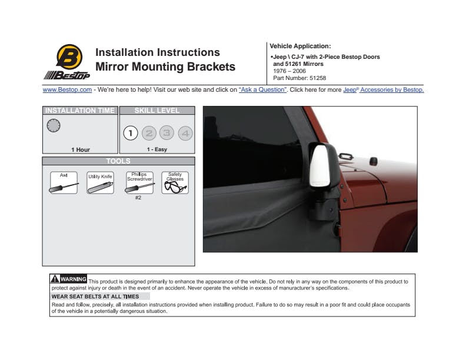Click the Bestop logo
[66, 62]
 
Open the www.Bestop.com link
[67, 90]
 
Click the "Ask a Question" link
[262, 90]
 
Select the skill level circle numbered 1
[131, 133]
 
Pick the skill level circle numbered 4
[185, 133]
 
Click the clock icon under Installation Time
[53, 125]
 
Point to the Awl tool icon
[64, 183]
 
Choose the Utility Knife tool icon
[100, 183]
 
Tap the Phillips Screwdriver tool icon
[139, 183]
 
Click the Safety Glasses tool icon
[175, 183]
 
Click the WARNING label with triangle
[69, 279]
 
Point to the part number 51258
[299, 78]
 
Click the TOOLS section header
[118, 161]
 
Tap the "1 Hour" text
[81, 150]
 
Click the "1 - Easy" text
[157, 150]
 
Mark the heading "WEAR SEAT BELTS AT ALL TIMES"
[95, 296]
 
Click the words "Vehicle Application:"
[300, 46]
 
